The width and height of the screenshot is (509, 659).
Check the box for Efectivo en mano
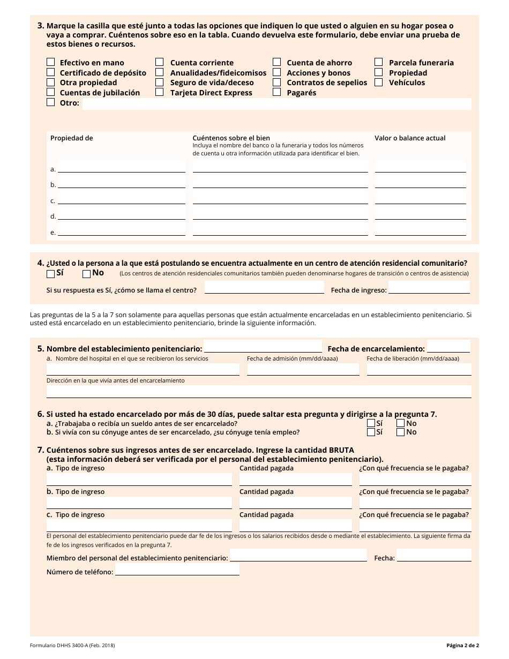pos(50,62)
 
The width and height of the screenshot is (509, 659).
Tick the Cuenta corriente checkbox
pos(160,62)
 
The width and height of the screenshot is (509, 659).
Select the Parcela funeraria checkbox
pos(379,62)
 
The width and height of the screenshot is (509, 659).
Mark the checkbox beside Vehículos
pos(379,82)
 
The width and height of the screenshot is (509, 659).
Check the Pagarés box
pos(277,92)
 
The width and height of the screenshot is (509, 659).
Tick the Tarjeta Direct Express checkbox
pos(160,92)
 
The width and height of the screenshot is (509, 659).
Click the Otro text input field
pos(276,103)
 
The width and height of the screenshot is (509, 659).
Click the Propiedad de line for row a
pos(121,167)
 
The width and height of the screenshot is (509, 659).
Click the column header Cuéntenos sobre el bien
pos(231,138)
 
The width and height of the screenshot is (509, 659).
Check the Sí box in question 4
pos(51,274)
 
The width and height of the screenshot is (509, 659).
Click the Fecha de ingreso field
pos(429,288)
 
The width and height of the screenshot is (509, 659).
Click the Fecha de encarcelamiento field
pos(448,347)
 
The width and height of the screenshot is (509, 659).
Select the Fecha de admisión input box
pos(303,369)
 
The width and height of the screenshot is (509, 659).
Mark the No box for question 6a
pos(400,423)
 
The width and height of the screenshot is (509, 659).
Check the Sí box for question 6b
pos(371,432)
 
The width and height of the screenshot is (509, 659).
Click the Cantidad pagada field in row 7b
pos(296,503)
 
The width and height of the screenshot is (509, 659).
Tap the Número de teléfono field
pos(177,570)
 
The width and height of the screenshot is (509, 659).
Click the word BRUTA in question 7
pos(340,450)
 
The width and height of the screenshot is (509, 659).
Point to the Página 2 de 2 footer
pos(462,646)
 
